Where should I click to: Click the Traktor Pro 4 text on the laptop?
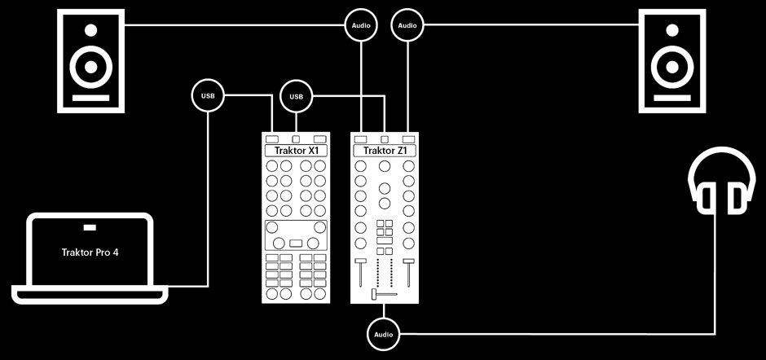click(90, 252)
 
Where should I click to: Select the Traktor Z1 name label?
click(385, 151)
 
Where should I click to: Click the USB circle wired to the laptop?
click(208, 96)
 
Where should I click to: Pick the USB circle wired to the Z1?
click(296, 96)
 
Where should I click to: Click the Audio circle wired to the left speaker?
click(361, 25)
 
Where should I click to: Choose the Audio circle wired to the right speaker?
click(408, 25)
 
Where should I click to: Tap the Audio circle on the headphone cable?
click(383, 333)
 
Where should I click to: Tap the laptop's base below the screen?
click(90, 290)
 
